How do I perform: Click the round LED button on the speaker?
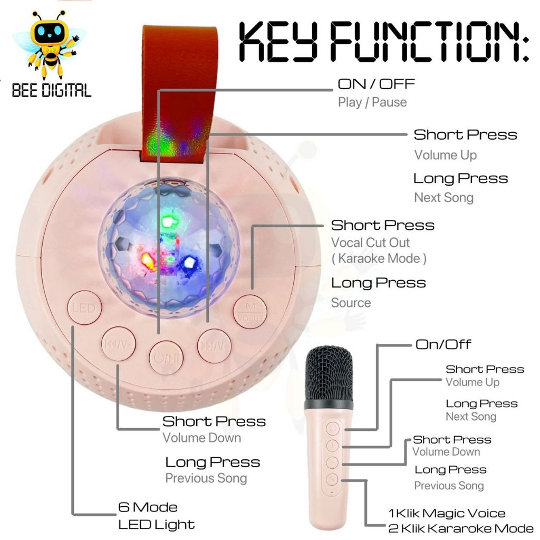[84, 307]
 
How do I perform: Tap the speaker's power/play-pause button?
[166, 358]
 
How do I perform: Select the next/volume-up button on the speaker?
[214, 346]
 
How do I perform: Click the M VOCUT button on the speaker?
[250, 312]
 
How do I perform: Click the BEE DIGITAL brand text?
[52, 90]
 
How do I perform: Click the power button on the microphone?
[332, 429]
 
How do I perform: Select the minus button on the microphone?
[332, 462]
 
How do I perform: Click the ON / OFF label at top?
[376, 84]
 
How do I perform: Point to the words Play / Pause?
[372, 102]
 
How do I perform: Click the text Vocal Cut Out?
[370, 243]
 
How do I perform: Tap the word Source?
[351, 303]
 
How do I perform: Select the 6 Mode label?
[148, 507]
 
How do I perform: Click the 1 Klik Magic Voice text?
[447, 513]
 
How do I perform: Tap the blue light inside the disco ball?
[189, 263]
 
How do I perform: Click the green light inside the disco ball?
[168, 222]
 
